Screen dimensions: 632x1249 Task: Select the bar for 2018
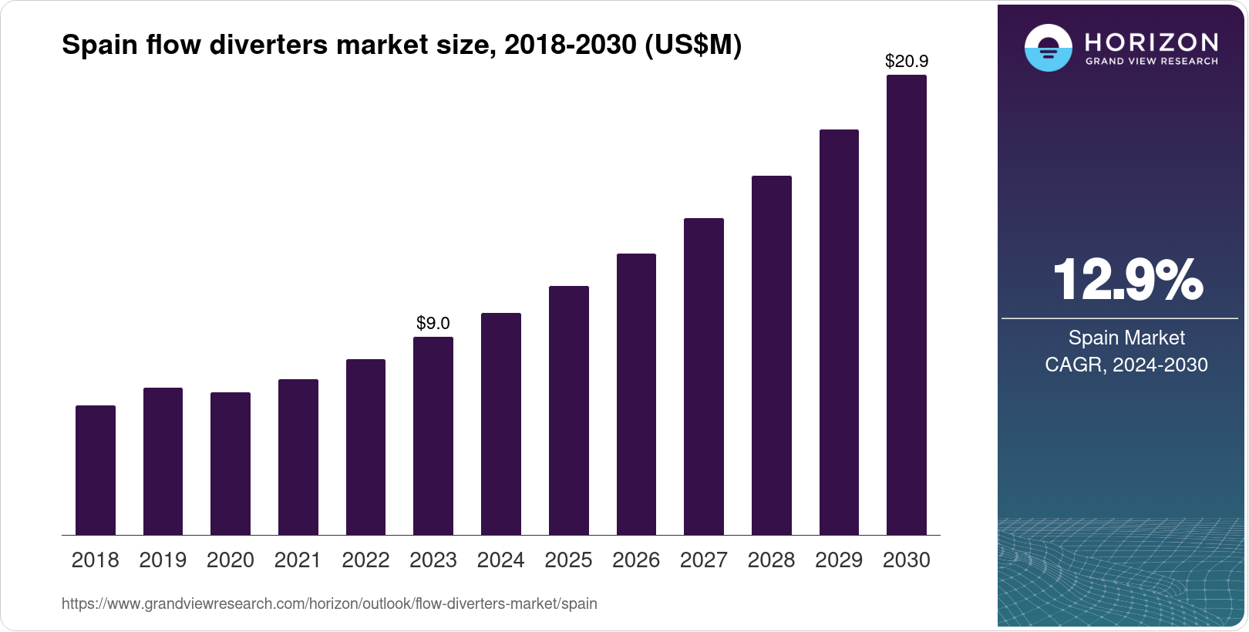96,470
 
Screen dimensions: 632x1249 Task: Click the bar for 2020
231,463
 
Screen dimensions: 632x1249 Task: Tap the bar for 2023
433,435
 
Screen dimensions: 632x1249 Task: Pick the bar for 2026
636,394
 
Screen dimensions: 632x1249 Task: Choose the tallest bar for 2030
907,304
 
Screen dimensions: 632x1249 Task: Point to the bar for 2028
772,355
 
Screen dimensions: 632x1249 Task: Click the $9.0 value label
433,324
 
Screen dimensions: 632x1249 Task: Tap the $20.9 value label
907,61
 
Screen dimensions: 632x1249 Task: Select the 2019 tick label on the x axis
163,560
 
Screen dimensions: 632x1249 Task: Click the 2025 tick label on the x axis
568,560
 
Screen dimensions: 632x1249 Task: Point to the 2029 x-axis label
839,560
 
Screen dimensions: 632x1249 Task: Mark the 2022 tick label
365,560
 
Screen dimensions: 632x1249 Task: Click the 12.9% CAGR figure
1126,280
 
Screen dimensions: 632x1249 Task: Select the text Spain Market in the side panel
1126,338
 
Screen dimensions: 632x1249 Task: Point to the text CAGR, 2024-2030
1126,365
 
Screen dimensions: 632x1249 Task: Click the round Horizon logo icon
1048,48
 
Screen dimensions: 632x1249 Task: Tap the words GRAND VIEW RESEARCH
1151,62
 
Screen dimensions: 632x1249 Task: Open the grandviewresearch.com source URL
329,603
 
